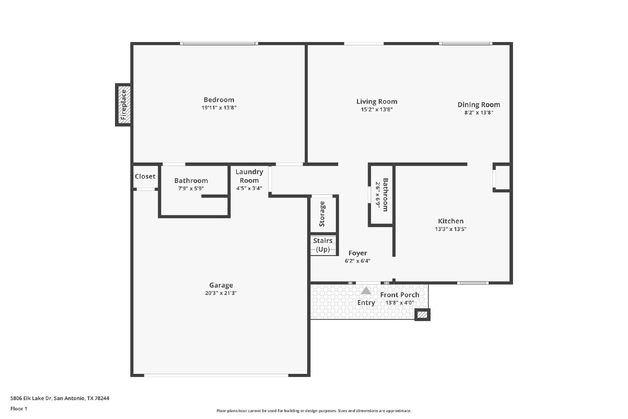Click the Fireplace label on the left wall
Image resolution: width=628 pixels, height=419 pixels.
point(124,104)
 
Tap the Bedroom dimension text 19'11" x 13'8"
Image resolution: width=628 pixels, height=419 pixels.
point(219,108)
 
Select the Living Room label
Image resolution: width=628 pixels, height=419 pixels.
point(377,102)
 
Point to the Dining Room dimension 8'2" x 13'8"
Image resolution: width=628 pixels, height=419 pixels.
point(479,113)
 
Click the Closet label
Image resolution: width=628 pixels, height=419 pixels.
point(145,176)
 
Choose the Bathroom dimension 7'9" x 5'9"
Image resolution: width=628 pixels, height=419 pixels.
point(191,188)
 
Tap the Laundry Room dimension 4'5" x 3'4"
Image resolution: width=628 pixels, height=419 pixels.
point(249,188)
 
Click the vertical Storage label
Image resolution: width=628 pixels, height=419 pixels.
point(322,214)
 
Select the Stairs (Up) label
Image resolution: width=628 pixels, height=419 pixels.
point(323,245)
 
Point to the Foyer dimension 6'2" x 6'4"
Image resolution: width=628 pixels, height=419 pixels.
point(358,261)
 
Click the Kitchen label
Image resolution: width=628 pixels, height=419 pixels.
point(451,221)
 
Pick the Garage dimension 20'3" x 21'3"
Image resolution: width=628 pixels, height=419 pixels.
point(221,293)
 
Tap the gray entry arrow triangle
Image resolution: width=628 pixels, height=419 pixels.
point(366,291)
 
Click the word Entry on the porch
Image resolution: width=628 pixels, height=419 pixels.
point(366,303)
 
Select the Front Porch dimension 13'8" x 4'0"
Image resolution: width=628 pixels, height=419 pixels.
point(400,303)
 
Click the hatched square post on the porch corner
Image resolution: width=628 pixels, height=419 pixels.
point(422,315)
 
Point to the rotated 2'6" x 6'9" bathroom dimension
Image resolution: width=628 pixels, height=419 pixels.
point(378,195)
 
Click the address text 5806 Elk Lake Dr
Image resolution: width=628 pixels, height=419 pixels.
point(31,398)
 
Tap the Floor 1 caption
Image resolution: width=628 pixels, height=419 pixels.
point(19,409)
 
